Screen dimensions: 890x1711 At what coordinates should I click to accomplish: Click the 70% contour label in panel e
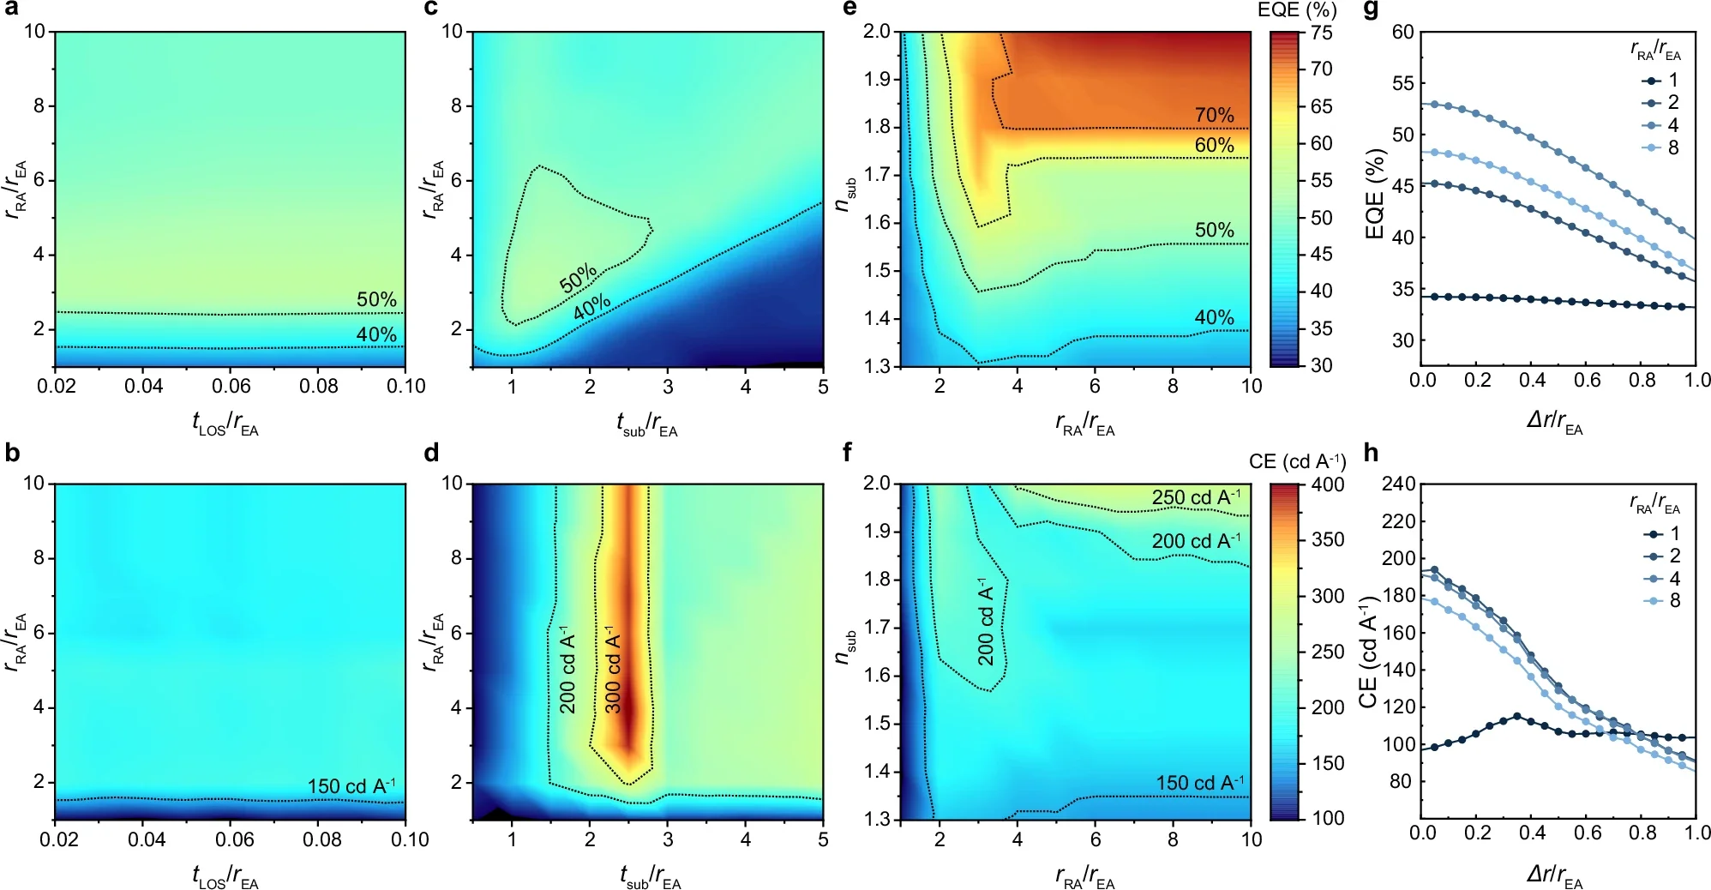coord(1214,115)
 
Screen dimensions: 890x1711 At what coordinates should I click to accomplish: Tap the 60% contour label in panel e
coord(1214,145)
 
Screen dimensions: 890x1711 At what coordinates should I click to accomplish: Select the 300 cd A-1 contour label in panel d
coord(613,673)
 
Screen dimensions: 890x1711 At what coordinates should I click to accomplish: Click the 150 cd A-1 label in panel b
coord(351,785)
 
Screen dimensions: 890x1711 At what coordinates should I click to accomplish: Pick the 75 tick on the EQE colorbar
coord(1322,33)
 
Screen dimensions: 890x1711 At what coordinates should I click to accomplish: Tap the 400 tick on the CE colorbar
coord(1328,485)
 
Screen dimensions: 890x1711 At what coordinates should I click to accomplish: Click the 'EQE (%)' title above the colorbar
coord(1297,10)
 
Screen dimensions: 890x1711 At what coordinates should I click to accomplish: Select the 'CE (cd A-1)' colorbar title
coord(1297,461)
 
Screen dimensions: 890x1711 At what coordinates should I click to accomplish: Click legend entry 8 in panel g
coord(1672,147)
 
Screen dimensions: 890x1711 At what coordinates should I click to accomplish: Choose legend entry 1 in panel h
coord(1674,533)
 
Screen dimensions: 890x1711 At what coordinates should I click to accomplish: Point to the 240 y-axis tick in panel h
coord(1398,484)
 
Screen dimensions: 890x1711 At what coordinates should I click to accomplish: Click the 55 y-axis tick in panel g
coord(1402,83)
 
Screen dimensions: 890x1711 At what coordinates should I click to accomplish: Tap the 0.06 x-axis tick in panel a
coord(231,386)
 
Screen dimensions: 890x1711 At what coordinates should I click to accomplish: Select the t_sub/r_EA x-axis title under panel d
coord(649,877)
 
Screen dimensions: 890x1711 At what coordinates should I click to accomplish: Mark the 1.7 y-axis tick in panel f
coord(876,627)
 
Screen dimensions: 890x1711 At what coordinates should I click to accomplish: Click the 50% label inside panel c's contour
coord(578,278)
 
